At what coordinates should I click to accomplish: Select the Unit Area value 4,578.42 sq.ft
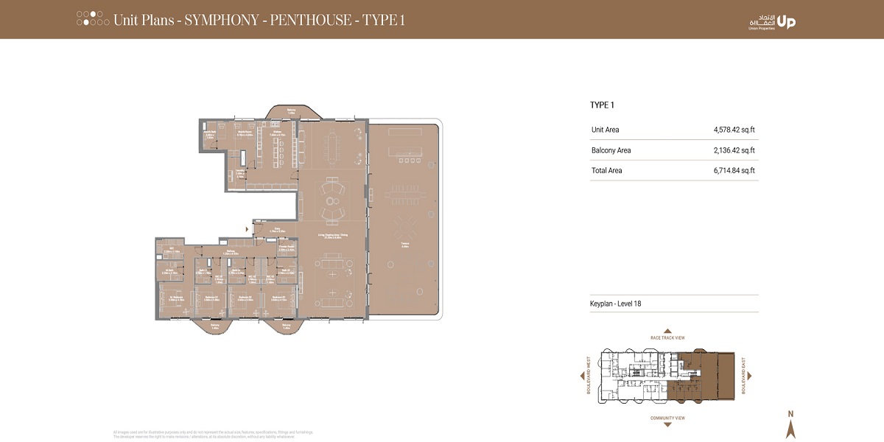[x=734, y=130]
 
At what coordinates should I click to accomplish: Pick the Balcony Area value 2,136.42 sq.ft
[x=734, y=150]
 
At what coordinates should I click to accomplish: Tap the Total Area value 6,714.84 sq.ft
[x=734, y=170]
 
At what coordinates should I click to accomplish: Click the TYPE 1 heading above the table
[x=602, y=105]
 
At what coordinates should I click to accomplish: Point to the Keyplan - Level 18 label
[x=616, y=304]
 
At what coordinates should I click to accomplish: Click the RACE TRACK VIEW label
[x=667, y=337]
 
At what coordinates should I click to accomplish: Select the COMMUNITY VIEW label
[x=667, y=418]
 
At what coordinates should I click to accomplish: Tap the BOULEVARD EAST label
[x=744, y=376]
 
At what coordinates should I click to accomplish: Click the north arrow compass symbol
[x=790, y=426]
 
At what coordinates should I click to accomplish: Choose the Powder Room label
[x=287, y=248]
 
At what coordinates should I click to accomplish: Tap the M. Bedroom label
[x=171, y=298]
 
